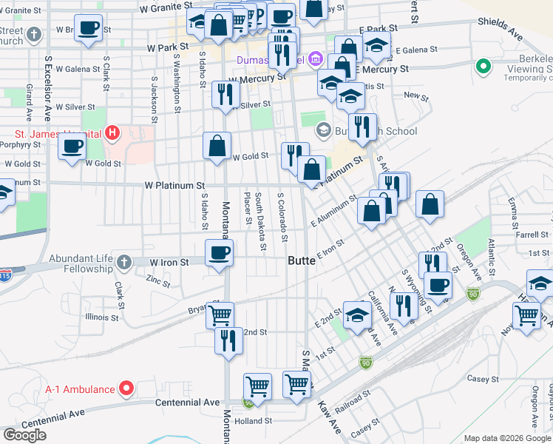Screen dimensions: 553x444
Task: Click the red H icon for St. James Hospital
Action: coord(112,133)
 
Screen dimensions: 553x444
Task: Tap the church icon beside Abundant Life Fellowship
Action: coord(123,261)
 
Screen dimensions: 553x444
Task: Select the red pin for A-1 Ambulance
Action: coord(126,388)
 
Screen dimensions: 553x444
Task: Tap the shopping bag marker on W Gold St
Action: coord(217,146)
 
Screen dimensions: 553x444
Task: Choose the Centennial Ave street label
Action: coord(188,402)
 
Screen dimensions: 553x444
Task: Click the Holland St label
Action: coord(254,421)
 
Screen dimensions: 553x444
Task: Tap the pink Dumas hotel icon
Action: coord(316,58)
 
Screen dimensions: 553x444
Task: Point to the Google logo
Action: coord(24,434)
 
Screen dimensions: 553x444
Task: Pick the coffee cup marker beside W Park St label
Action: coord(89,29)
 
